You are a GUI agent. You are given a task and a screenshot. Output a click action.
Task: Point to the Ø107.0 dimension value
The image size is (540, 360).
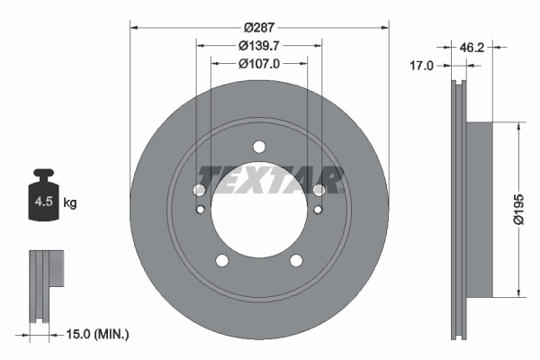coord(259,64)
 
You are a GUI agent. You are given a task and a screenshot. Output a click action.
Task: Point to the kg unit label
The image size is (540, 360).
coord(70,203)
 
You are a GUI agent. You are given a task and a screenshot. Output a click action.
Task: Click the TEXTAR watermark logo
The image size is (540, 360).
coord(271,179)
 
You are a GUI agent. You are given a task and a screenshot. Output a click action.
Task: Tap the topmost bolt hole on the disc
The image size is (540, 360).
coord(259,148)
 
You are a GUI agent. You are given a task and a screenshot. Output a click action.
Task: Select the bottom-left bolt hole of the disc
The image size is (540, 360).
coord(221,261)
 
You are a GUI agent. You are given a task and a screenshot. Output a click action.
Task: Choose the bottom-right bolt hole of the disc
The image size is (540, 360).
coord(296,261)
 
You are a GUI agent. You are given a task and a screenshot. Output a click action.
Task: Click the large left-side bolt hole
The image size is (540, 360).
coord(200,190)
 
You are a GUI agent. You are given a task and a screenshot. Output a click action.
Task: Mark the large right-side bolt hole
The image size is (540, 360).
coord(319,189)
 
